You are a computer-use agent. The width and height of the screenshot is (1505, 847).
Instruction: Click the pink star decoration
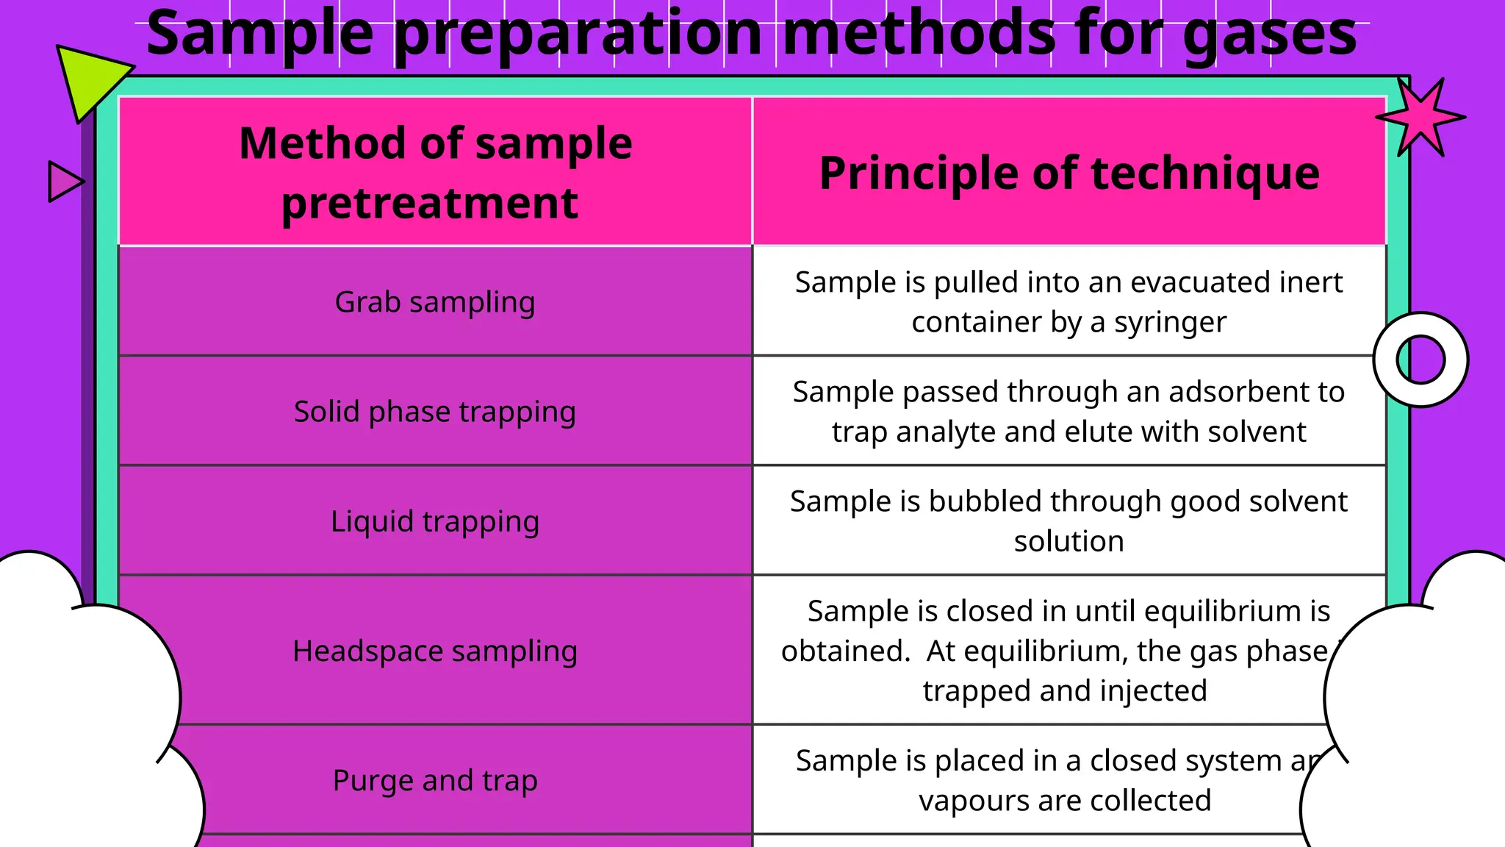click(1420, 118)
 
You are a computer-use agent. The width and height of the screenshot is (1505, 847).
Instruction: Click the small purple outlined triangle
click(64, 182)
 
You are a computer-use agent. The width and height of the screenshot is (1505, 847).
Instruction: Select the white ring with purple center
click(1420, 360)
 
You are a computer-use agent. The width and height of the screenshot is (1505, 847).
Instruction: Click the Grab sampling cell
click(435, 301)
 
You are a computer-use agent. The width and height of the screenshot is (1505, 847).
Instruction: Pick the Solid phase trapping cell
click(435, 411)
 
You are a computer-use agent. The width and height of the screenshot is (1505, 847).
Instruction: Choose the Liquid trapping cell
click(435, 521)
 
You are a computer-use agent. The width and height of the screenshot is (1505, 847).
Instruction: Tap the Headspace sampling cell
click(435, 651)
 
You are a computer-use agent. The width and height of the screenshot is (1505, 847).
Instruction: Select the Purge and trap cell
click(435, 780)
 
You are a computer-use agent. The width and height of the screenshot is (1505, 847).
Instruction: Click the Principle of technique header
click(1069, 173)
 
